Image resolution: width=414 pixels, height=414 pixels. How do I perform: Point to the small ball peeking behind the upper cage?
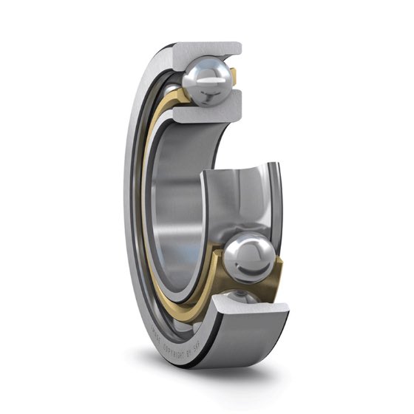pyautogui.click(x=172, y=92)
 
